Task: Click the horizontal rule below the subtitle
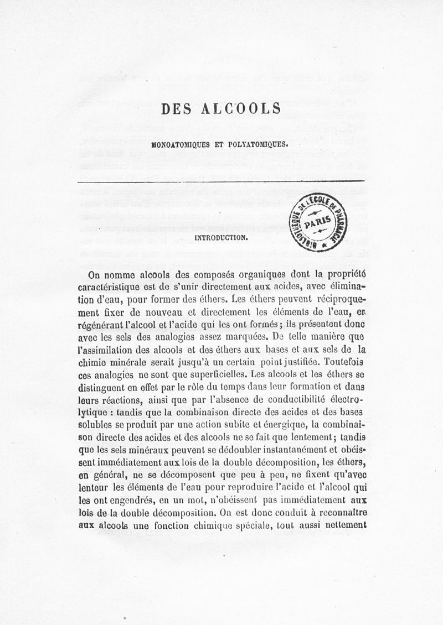click(x=221, y=181)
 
